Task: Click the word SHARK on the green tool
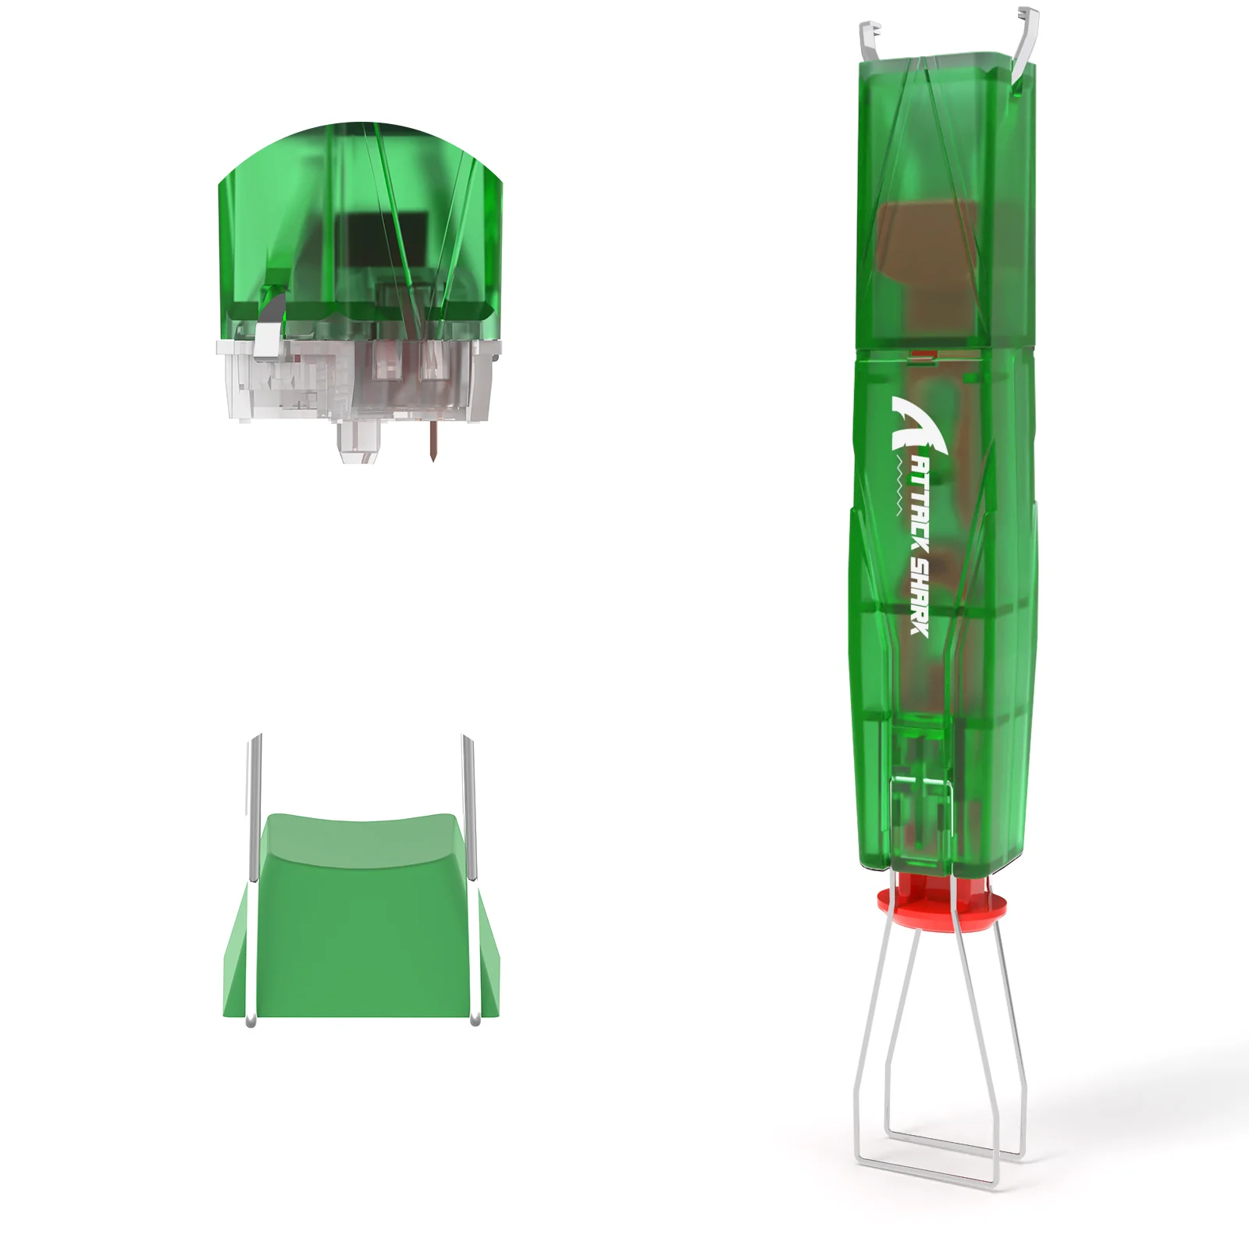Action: (x=920, y=596)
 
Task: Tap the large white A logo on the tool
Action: (x=917, y=425)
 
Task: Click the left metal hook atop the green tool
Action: (x=870, y=39)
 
